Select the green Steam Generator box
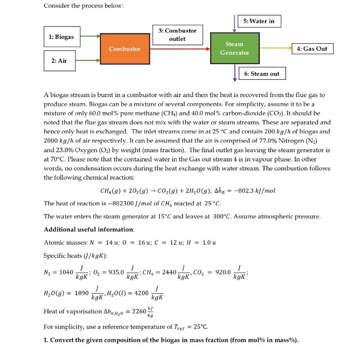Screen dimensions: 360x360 point(234,48)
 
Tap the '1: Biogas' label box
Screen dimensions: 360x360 point(61,37)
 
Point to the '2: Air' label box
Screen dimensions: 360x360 point(59,61)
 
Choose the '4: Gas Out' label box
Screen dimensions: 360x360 point(312,48)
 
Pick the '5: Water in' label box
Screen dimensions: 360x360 point(262,21)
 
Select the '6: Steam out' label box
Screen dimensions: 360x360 point(262,74)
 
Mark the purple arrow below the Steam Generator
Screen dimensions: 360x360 point(235,72)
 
